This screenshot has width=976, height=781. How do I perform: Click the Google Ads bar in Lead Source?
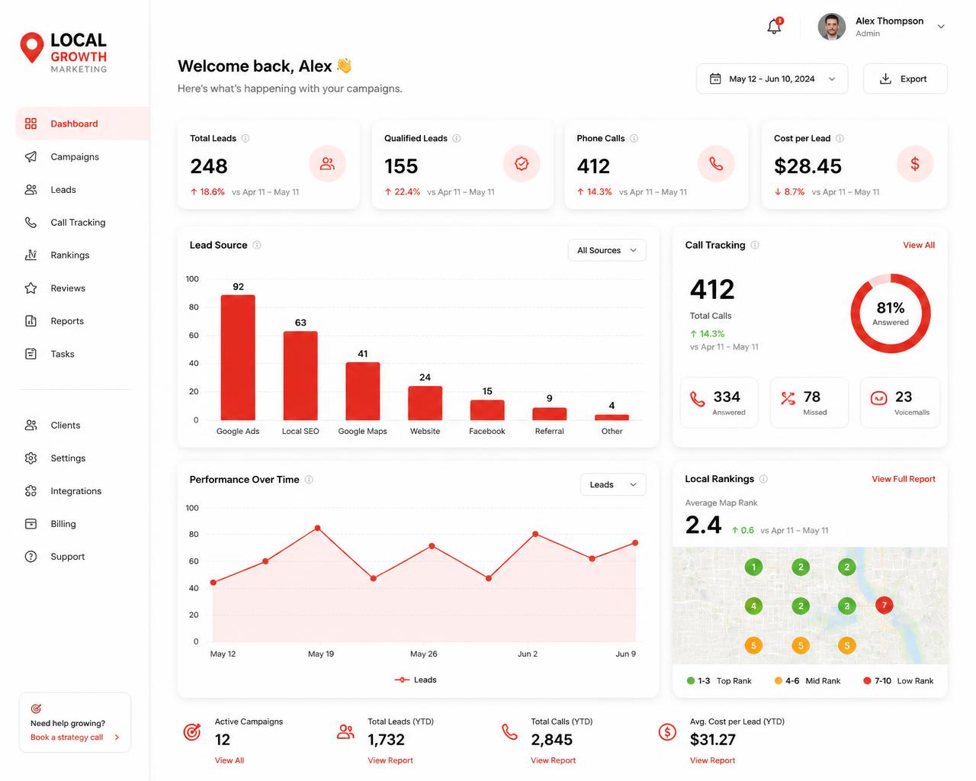(238, 357)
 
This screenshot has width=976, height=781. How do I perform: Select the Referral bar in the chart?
(549, 413)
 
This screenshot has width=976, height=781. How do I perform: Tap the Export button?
(905, 79)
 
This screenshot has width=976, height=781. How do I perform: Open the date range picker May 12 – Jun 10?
(772, 79)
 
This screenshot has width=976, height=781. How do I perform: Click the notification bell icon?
(774, 26)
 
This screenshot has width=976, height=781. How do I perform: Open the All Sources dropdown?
(607, 250)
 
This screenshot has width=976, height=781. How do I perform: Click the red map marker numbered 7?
(884, 605)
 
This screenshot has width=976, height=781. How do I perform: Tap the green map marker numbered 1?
(753, 567)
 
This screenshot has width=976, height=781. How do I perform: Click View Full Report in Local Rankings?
(903, 479)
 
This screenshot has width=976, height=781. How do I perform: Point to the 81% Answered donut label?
(891, 313)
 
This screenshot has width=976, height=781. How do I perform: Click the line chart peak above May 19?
(317, 528)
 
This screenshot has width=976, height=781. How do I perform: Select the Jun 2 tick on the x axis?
(528, 654)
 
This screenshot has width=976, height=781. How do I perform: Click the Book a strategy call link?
(66, 737)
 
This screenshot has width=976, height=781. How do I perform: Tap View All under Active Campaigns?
(229, 760)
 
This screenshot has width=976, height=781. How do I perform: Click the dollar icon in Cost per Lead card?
(915, 163)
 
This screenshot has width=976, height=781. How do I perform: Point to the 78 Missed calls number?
(811, 397)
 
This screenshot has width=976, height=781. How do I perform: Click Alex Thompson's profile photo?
(831, 27)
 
